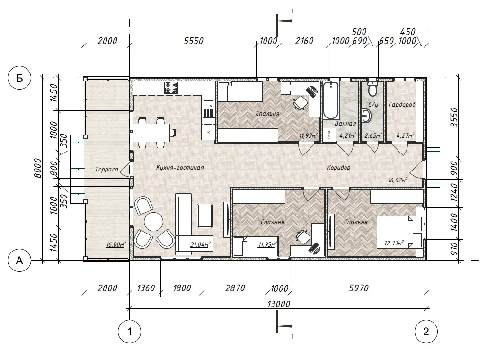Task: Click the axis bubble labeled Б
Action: click(x=19, y=78)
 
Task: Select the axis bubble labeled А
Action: click(x=19, y=260)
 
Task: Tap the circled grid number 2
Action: click(x=426, y=332)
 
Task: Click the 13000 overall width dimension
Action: click(x=279, y=304)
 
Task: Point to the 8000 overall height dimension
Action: click(x=37, y=168)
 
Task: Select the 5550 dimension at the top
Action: click(x=193, y=41)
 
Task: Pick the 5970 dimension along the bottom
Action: click(x=359, y=288)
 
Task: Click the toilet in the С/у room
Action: click(x=372, y=88)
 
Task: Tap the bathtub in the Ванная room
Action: click(x=331, y=100)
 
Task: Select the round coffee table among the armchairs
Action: click(x=153, y=221)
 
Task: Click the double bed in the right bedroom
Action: click(x=400, y=232)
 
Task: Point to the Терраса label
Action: click(x=106, y=170)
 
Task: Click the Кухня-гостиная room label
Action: click(x=180, y=168)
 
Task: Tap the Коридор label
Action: click(x=338, y=167)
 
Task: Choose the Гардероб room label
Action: click(x=402, y=105)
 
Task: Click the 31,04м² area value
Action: click(x=200, y=245)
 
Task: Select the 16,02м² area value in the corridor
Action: click(x=398, y=180)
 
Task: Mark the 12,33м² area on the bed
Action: click(x=394, y=243)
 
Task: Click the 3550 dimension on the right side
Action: click(x=454, y=117)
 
